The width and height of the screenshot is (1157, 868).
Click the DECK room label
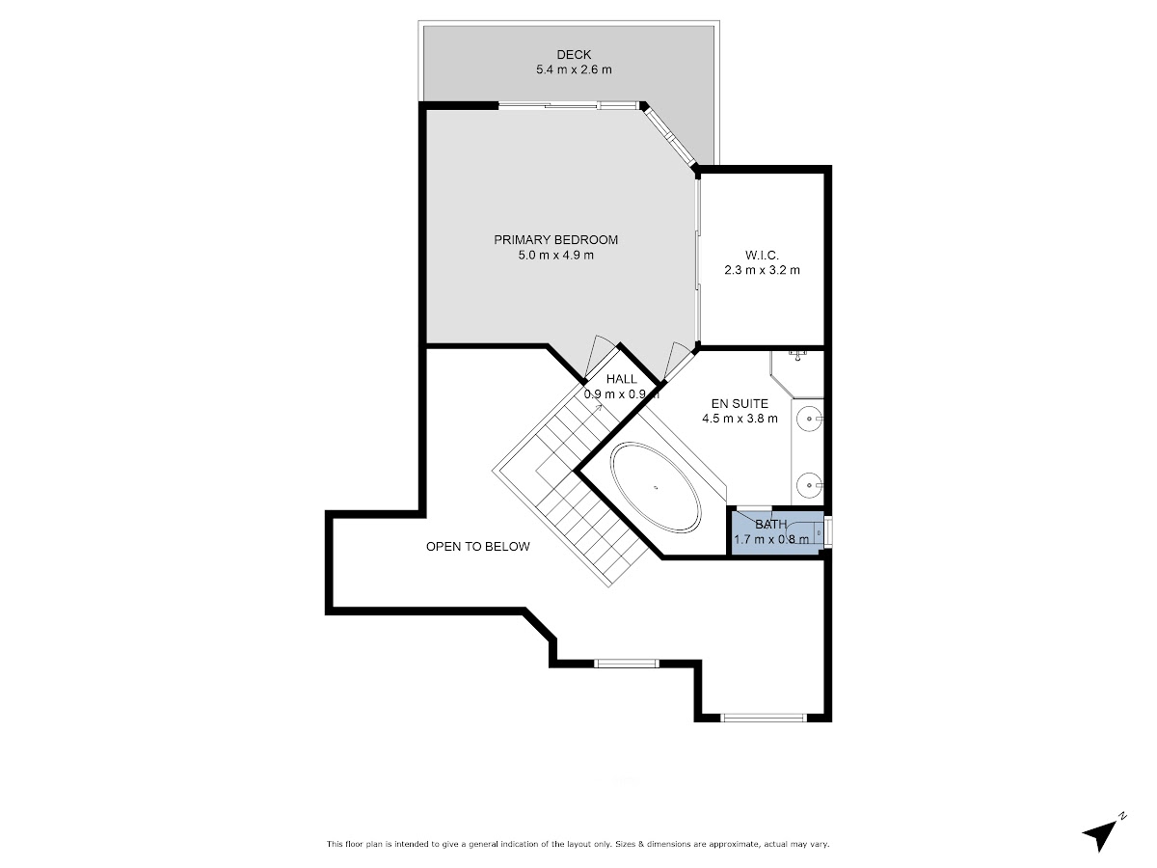click(x=574, y=54)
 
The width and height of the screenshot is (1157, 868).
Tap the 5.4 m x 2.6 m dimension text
click(x=574, y=69)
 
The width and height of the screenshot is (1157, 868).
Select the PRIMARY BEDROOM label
click(x=555, y=240)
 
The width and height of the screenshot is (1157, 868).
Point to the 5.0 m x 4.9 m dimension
click(x=555, y=255)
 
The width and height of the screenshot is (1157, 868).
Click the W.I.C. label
click(x=762, y=255)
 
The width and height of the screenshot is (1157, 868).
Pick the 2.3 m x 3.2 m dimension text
click(x=762, y=270)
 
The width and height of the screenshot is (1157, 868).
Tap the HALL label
click(x=622, y=379)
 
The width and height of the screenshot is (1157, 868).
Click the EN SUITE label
click(x=740, y=404)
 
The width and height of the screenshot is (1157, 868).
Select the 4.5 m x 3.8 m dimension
click(x=740, y=419)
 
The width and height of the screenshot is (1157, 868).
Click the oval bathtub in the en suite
click(x=656, y=487)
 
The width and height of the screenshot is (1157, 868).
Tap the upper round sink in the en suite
click(x=808, y=420)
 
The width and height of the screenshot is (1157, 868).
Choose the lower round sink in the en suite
click(x=808, y=484)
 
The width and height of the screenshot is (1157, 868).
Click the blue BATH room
click(x=775, y=532)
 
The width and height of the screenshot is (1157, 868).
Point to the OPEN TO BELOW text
click(x=477, y=547)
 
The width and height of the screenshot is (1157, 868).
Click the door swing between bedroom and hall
click(x=601, y=357)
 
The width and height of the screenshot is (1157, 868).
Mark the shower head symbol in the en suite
click(x=798, y=355)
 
